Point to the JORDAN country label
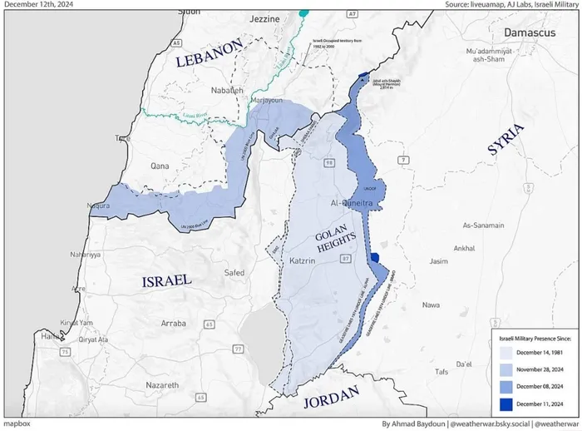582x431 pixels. [x=330, y=395]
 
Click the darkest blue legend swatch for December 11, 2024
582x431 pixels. [x=505, y=404]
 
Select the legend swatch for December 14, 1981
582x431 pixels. [x=505, y=352]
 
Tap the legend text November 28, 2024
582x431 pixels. [x=541, y=369]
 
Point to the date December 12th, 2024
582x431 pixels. [x=38, y=5]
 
